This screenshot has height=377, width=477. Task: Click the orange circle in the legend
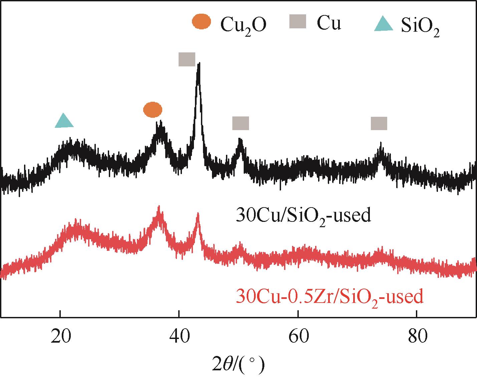pos(202,22)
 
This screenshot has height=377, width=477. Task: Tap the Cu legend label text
pos(329,23)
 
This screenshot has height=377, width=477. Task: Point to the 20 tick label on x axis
pos(60,337)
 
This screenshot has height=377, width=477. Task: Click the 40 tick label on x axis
pos(179,337)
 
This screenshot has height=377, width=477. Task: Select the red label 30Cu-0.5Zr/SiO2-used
pos(329,297)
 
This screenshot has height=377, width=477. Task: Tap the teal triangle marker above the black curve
pos(64,121)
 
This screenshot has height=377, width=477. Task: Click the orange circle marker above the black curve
pos(153,110)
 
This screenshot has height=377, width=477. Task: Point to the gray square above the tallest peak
pos(187,59)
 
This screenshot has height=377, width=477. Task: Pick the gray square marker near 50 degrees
pos(241,123)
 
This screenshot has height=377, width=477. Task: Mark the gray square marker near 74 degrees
pos(379,123)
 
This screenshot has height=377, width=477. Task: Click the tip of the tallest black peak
pos(199,64)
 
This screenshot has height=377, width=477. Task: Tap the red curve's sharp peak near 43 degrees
pos(198,214)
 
